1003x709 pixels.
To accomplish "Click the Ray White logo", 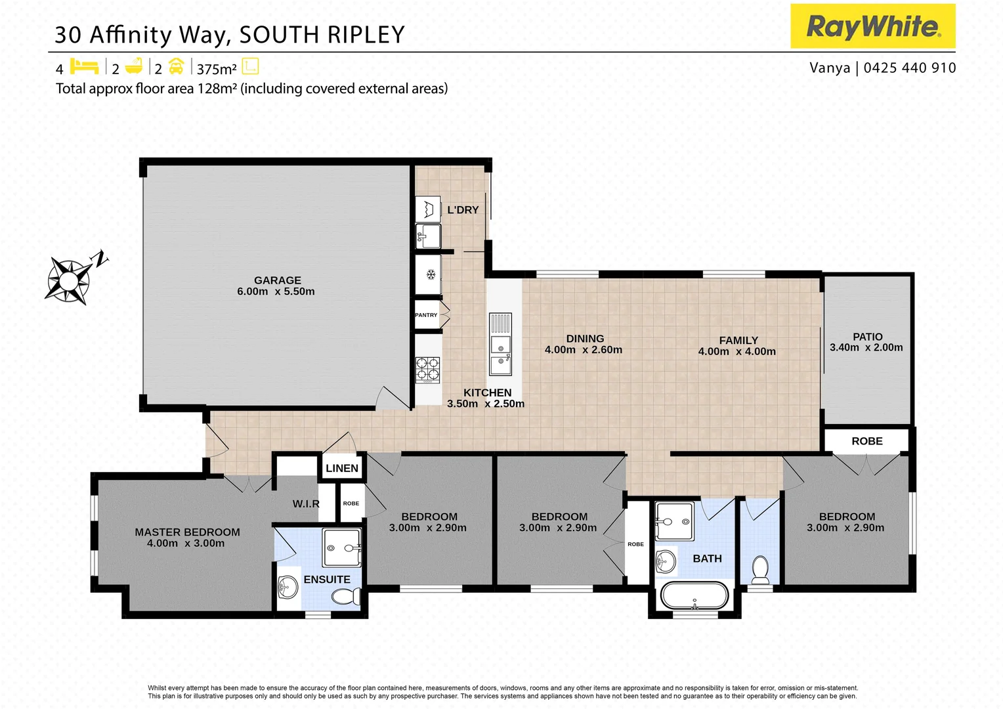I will [x=872, y=26].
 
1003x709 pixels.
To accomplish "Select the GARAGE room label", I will [x=277, y=280].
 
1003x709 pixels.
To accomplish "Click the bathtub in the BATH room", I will [x=694, y=596].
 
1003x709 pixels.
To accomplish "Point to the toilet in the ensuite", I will [x=345, y=596].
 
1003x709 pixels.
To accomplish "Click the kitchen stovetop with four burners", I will [x=428, y=370].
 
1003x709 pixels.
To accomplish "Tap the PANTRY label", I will [x=426, y=315].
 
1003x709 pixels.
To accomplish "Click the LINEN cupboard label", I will [x=342, y=468].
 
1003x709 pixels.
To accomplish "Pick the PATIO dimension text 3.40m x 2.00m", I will [x=866, y=348].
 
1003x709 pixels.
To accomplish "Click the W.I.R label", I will [x=306, y=504].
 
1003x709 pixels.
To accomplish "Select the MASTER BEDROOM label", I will [x=187, y=532].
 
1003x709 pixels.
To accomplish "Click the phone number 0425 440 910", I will [x=909, y=68].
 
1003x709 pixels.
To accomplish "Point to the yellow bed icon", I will [x=84, y=67].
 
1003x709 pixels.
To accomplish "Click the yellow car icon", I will [x=176, y=67].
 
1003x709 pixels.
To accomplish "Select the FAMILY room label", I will [x=738, y=340].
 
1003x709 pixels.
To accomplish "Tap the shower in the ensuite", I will [x=342, y=548].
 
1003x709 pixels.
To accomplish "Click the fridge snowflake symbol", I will [x=431, y=274].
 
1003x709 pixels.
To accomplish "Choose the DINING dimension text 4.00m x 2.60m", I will [x=583, y=350].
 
